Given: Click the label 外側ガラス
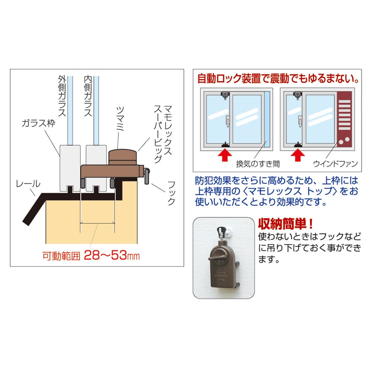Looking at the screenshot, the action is coord(62,96).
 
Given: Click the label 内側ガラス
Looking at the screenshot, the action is coord(88,96).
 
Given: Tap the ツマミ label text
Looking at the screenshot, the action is coord(120,119).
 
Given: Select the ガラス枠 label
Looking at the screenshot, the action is coord(38,123).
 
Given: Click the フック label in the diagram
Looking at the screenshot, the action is coord(171,193).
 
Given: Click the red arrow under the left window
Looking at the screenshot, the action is coord(225,155).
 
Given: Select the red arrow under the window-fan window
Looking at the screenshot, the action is coord(298,155).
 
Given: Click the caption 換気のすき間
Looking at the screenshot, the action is coord(258,164).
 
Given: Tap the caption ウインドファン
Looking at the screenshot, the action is coord(336,164).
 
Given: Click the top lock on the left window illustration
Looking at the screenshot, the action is coord(225,95).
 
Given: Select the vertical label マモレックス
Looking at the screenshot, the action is coord(168,131).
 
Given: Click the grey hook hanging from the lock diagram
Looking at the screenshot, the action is coord(147,176).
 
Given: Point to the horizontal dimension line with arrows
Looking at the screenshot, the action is coord(97,223).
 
